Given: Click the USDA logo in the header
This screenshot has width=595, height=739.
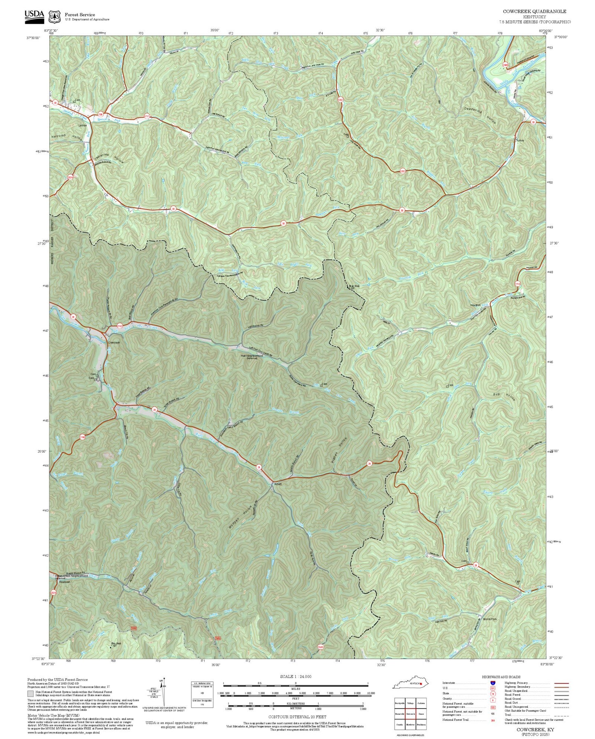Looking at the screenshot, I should (x=34, y=15).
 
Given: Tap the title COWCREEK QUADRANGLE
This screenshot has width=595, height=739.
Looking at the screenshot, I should (x=534, y=12).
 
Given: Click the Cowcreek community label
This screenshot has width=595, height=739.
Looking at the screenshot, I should (x=113, y=343).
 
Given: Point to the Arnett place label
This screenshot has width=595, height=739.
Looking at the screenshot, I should (x=278, y=484).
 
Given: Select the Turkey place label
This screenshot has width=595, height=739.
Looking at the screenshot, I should (x=520, y=140).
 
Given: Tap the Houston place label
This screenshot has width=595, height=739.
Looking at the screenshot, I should (x=476, y=305).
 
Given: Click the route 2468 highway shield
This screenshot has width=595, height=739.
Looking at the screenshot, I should (x=506, y=65).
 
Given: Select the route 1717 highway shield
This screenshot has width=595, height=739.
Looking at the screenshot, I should (x=146, y=117).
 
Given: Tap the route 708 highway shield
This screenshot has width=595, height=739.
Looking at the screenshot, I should (x=100, y=114).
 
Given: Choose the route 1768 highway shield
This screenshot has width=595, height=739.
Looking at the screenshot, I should (x=82, y=437).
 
